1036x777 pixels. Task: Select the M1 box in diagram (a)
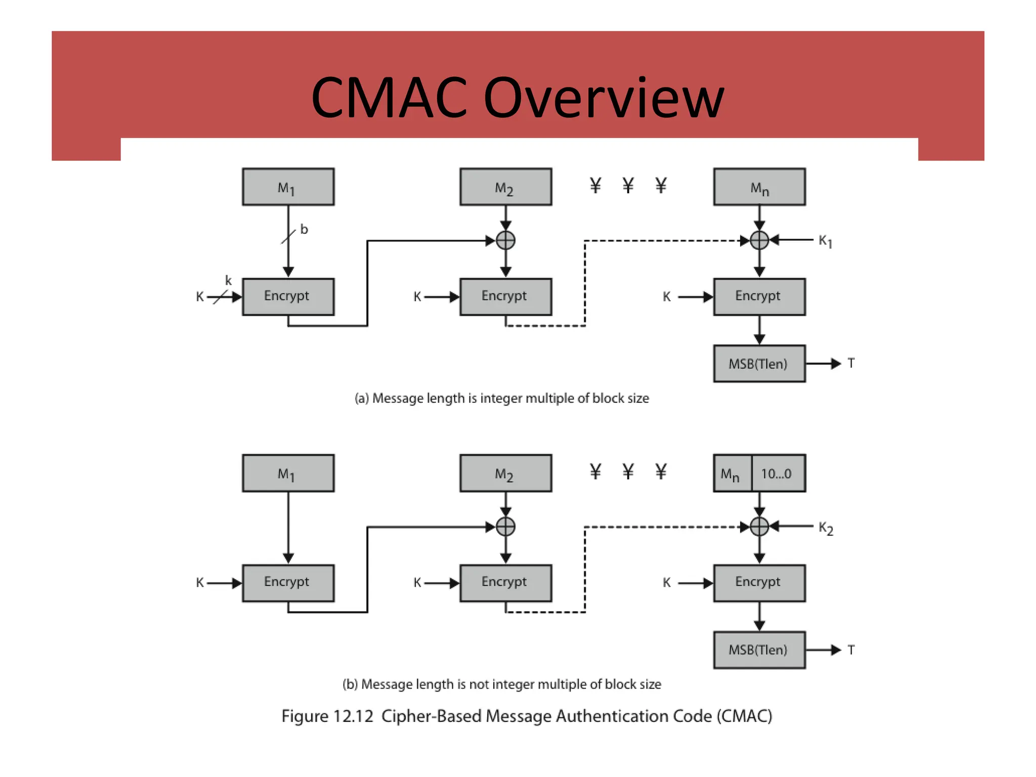(x=288, y=187)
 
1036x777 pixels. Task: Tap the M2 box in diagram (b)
(x=505, y=473)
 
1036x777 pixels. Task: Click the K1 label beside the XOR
(x=825, y=241)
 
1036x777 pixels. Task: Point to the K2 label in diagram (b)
(x=826, y=528)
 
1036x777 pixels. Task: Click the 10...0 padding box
(x=778, y=473)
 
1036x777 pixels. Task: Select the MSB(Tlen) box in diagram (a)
(x=759, y=364)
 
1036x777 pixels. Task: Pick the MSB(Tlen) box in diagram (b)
(x=759, y=650)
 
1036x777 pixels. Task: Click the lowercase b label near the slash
(x=304, y=229)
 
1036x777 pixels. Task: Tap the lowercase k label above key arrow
(x=228, y=280)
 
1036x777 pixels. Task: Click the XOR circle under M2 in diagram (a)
(x=505, y=240)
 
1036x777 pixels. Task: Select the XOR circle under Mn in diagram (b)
(x=759, y=527)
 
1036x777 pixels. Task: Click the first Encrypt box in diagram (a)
(x=288, y=296)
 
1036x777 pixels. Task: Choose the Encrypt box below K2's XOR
(x=759, y=583)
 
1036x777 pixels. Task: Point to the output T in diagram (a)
(x=851, y=363)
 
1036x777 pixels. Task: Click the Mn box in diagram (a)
(x=759, y=187)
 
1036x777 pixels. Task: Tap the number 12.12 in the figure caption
(x=353, y=716)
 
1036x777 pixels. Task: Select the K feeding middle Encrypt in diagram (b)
(x=417, y=583)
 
